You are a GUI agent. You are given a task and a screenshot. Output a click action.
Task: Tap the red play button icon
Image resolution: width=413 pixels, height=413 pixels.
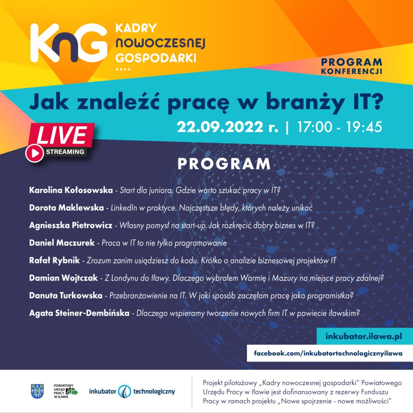34,153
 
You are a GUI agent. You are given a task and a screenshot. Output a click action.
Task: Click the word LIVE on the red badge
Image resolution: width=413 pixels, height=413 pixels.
61,135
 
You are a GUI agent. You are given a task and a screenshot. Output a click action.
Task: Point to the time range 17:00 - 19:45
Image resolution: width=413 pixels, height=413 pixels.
340,127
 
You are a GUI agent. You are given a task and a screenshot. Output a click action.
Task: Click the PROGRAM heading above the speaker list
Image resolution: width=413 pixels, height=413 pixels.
224,164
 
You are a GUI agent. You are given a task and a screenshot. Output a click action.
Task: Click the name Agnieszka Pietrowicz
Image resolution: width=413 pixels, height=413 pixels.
71,225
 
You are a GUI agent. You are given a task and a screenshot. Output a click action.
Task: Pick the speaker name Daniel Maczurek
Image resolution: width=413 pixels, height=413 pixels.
62,243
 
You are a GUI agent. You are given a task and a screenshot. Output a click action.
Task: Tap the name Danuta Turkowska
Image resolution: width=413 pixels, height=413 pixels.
66,295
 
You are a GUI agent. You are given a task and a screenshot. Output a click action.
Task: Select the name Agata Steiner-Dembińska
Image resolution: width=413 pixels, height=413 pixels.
79,313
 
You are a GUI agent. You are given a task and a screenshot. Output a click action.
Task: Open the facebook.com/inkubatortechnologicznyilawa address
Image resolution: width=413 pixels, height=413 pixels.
328,353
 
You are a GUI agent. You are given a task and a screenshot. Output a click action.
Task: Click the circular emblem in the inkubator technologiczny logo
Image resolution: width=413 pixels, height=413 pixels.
125,391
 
